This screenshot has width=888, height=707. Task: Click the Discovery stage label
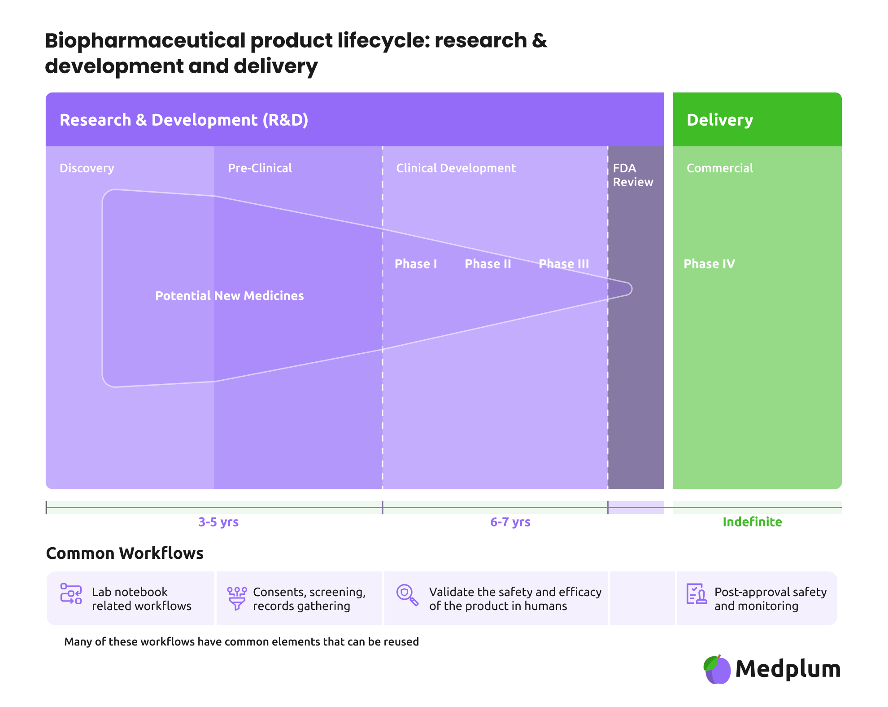pyautogui.click(x=87, y=168)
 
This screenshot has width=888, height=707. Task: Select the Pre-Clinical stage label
pyautogui.click(x=260, y=168)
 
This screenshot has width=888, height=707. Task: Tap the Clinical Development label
pyautogui.click(x=456, y=168)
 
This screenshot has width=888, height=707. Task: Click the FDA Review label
pyautogui.click(x=633, y=175)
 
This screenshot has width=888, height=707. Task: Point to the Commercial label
pyautogui.click(x=719, y=168)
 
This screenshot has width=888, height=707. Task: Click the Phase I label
pyautogui.click(x=415, y=264)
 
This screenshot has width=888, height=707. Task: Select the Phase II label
pyautogui.click(x=488, y=264)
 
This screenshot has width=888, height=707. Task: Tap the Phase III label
pyautogui.click(x=564, y=264)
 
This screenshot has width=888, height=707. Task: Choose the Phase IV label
pyautogui.click(x=709, y=264)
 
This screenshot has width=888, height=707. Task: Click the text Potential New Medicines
pyautogui.click(x=229, y=296)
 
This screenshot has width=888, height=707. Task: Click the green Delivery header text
pyautogui.click(x=719, y=120)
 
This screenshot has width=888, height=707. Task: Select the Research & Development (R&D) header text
pyautogui.click(x=183, y=120)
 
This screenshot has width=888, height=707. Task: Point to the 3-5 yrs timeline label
pyautogui.click(x=218, y=522)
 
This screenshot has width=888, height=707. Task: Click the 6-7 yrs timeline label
pyautogui.click(x=510, y=522)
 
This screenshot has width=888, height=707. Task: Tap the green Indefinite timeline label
pyautogui.click(x=752, y=522)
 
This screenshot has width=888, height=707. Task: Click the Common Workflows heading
pyautogui.click(x=125, y=553)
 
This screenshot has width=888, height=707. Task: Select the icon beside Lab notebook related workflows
pyautogui.click(x=71, y=594)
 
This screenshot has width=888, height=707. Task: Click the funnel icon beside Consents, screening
pyautogui.click(x=237, y=598)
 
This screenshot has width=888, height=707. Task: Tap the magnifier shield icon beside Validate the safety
pyautogui.click(x=407, y=595)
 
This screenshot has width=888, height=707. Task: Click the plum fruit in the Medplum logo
pyautogui.click(x=717, y=670)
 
